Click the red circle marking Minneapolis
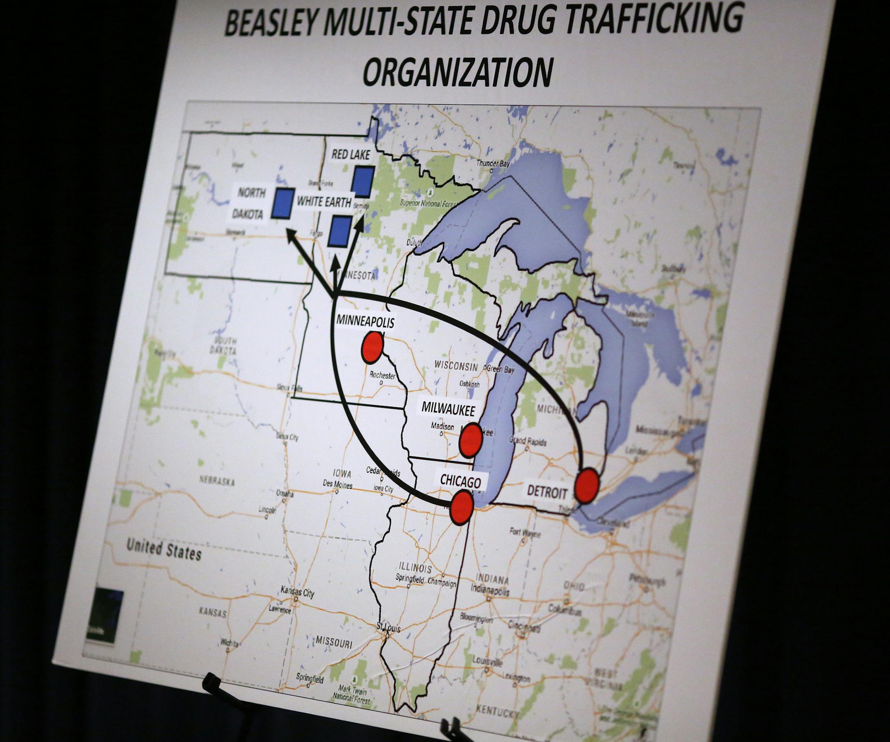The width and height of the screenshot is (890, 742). (x=372, y=347)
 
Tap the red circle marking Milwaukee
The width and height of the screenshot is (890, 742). (x=471, y=440)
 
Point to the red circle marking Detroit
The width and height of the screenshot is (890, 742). (x=587, y=486)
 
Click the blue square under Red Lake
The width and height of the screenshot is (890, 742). (x=363, y=181)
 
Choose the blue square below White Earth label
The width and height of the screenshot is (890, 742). (x=340, y=232)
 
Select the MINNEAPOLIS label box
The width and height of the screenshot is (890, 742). (x=366, y=321)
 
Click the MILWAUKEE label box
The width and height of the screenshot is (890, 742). (x=447, y=409)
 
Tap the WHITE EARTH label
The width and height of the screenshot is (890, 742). (x=324, y=202)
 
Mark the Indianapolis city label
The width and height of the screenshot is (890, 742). (x=490, y=590)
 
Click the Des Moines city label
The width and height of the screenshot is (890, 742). (x=337, y=484)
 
